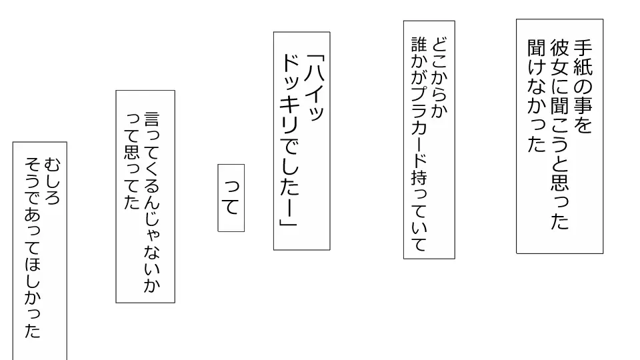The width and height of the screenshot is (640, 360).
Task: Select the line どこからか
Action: (x=439, y=77)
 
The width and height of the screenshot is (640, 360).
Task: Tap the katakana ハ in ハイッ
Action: (x=315, y=74)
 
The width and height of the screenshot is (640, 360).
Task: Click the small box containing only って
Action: (x=231, y=198)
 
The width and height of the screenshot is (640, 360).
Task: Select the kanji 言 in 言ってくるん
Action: (x=152, y=119)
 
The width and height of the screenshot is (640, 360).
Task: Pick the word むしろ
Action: (x=52, y=181)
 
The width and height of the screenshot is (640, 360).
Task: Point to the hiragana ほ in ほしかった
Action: (x=33, y=264)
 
